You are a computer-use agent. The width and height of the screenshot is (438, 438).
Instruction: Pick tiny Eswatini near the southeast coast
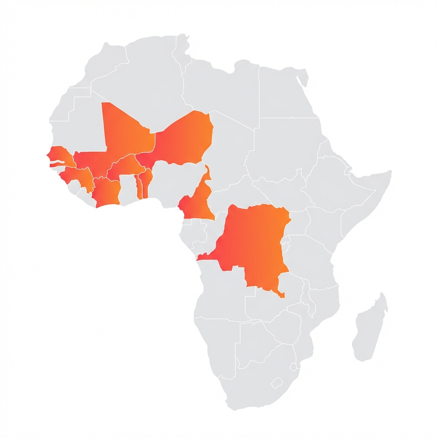294,367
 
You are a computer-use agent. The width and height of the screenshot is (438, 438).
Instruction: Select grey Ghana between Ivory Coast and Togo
127,188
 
